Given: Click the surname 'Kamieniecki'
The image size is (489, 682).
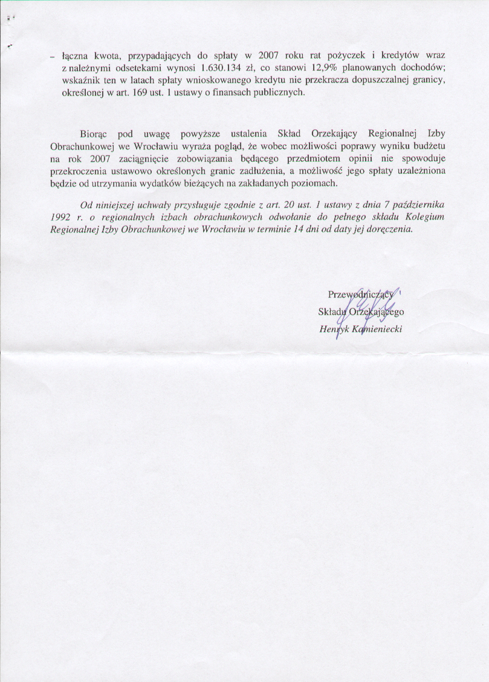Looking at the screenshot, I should tap(378, 330).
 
